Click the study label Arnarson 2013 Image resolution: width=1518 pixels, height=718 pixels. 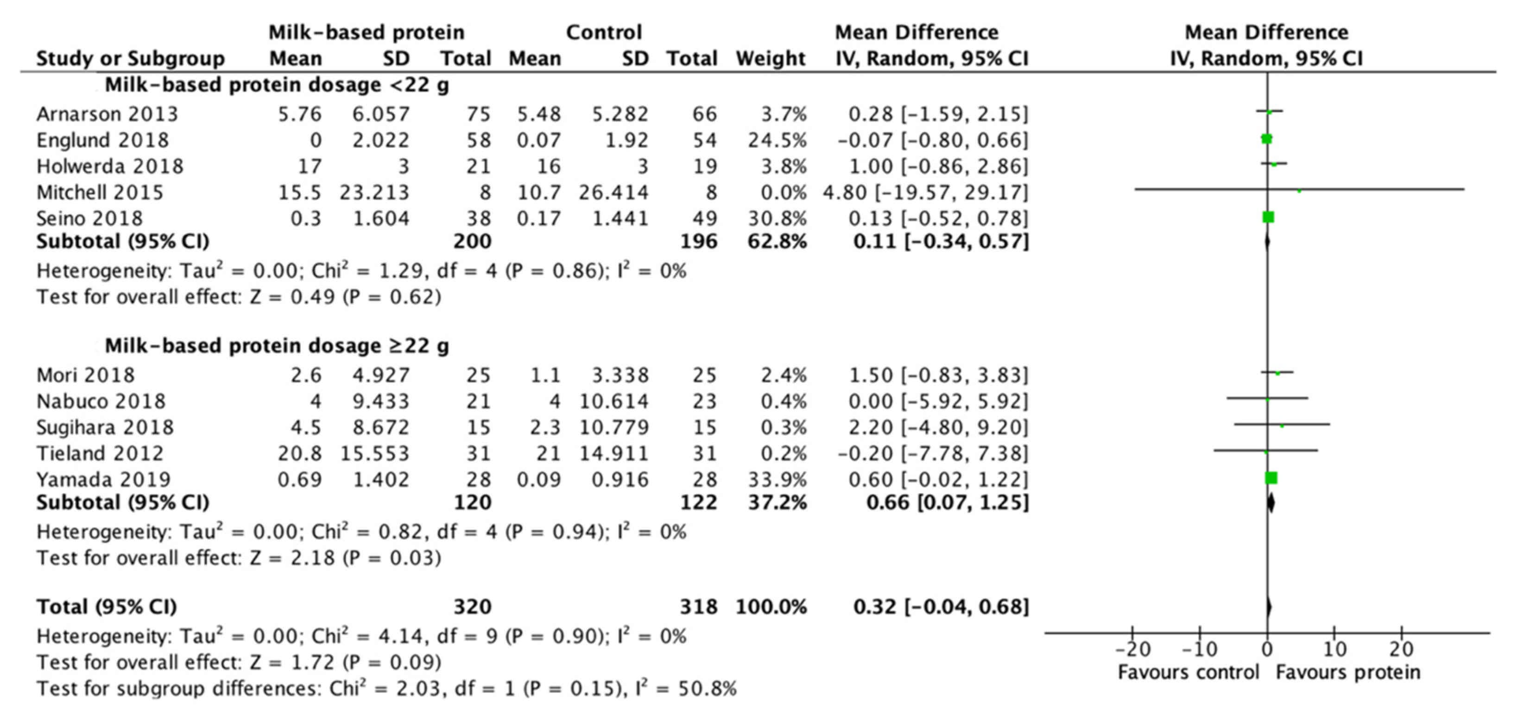(107, 114)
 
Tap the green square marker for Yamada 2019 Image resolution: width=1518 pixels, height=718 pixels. (1271, 478)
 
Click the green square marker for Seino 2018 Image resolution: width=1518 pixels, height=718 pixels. (1268, 217)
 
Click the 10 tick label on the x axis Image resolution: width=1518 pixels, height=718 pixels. (1334, 649)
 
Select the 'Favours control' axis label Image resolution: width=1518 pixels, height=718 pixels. (1188, 672)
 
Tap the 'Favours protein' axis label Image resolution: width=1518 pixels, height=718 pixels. (1347, 672)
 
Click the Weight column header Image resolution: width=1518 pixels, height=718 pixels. (770, 58)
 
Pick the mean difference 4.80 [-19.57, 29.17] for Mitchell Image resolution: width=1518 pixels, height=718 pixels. (925, 192)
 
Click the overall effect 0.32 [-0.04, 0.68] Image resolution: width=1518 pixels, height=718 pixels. (941, 607)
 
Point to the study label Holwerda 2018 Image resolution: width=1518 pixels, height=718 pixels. (110, 166)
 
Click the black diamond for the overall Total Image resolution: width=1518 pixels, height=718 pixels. (1268, 607)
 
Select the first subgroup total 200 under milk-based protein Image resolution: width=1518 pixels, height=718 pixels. (472, 241)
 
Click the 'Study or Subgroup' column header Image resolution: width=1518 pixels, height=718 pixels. (130, 58)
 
